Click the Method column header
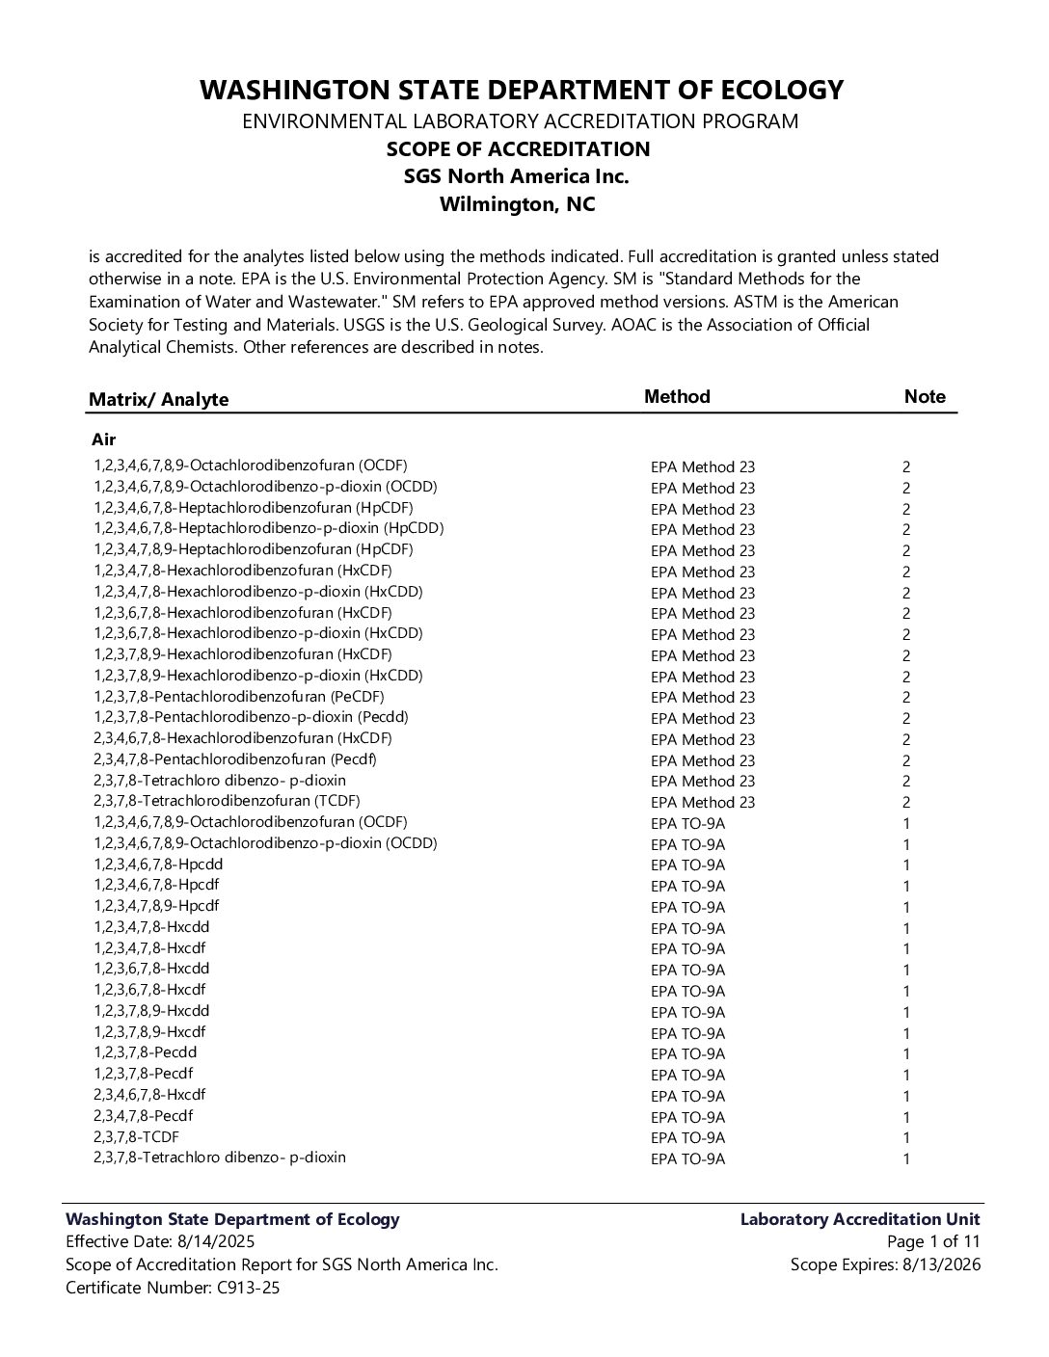click(x=677, y=397)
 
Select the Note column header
click(x=925, y=397)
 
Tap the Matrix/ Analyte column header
click(x=159, y=400)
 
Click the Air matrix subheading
click(x=104, y=439)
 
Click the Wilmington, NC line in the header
click(x=518, y=204)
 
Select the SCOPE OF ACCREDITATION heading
click(x=518, y=149)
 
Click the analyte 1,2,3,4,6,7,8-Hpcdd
click(x=158, y=865)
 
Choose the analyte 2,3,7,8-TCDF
click(x=136, y=1136)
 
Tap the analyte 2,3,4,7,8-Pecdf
click(x=143, y=1115)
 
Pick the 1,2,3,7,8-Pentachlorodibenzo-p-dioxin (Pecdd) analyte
click(x=251, y=717)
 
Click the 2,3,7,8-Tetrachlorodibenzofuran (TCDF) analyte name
click(x=227, y=801)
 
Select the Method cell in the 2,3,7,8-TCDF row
click(x=687, y=1138)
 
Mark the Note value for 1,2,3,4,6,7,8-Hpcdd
click(x=906, y=865)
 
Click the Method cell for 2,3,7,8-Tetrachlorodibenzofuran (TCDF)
click(x=703, y=803)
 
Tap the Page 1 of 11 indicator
click(x=933, y=1241)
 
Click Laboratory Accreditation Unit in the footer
click(x=860, y=1219)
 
